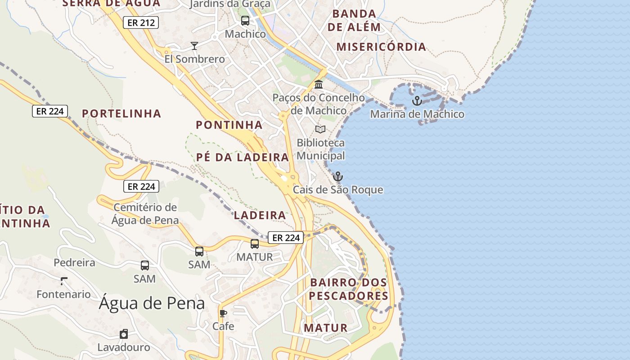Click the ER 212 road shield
point(141,22)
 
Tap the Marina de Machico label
point(417,114)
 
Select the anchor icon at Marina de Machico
point(417,100)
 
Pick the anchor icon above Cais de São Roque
point(338,176)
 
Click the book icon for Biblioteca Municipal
point(320,130)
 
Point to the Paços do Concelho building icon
point(319,84)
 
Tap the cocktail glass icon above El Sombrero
point(194,45)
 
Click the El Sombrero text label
point(194,59)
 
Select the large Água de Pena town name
point(152,303)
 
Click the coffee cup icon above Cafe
point(223,313)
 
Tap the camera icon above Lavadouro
point(124,334)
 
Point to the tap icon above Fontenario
point(63,281)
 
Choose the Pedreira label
point(75,263)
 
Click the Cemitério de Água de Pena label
point(145,214)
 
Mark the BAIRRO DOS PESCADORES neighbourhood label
point(348,289)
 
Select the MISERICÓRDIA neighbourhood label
point(381,47)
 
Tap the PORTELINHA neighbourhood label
point(121,113)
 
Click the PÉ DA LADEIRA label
point(243,157)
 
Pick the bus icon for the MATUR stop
point(255,244)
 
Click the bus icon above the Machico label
point(245,20)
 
